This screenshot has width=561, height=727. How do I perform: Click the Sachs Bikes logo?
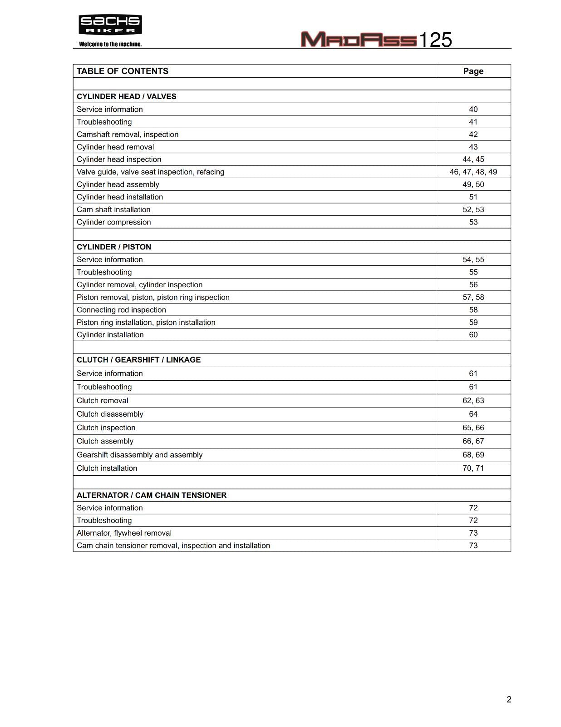(x=110, y=25)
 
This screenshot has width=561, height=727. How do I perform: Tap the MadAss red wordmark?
(x=358, y=40)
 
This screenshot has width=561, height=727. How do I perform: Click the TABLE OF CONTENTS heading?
(x=123, y=71)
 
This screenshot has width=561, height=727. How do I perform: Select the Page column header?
(x=473, y=71)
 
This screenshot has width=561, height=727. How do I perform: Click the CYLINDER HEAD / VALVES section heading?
(x=127, y=96)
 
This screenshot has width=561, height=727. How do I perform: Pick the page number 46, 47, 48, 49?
(x=473, y=172)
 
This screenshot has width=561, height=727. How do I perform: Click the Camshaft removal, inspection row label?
(x=128, y=134)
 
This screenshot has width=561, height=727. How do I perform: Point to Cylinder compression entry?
(x=114, y=222)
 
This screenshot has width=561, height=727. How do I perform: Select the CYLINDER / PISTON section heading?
(x=114, y=247)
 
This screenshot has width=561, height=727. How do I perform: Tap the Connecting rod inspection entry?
(x=121, y=310)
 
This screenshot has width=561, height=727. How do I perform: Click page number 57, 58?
(x=473, y=297)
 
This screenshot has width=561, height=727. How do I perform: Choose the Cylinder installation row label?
(x=110, y=335)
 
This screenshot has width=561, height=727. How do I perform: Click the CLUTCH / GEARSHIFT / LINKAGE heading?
(x=138, y=360)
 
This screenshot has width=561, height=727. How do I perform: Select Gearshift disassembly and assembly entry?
(x=140, y=455)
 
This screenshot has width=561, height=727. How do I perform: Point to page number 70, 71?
(x=473, y=468)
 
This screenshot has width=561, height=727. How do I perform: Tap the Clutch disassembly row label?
(x=110, y=414)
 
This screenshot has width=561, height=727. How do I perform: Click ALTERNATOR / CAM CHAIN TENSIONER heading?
(x=152, y=495)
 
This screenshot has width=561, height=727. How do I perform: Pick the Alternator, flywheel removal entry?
(x=124, y=533)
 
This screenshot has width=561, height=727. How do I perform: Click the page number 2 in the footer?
(x=509, y=700)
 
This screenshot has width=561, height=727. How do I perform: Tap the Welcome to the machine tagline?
(x=110, y=44)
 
